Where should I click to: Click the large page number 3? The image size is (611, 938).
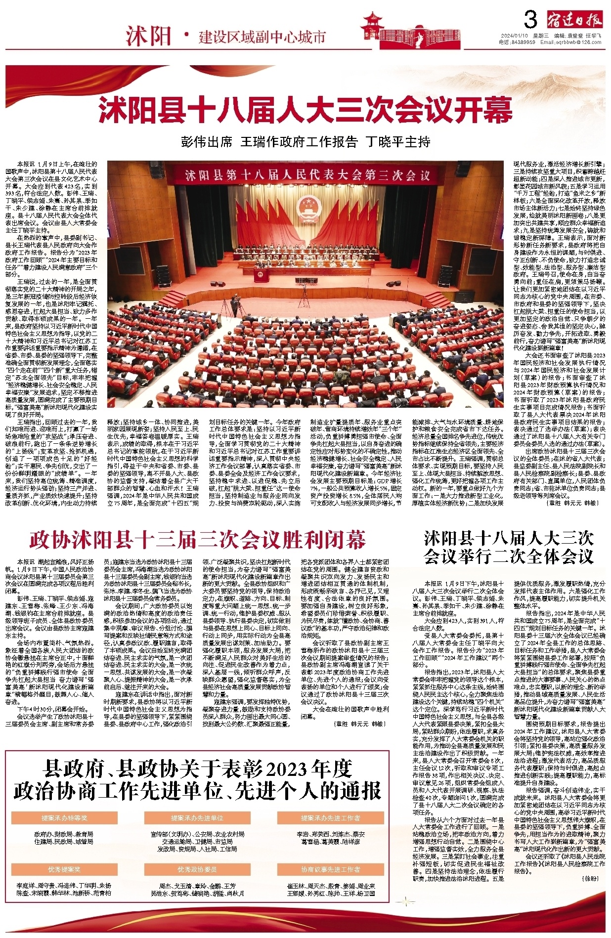point(530,20)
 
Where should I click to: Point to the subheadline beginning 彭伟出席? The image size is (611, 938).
point(305,142)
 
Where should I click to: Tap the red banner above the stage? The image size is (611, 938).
point(307,175)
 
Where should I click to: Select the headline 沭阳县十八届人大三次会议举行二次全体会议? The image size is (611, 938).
point(509,548)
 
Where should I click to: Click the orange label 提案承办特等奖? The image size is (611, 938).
point(64,818)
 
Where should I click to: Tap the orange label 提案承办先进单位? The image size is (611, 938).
point(197,818)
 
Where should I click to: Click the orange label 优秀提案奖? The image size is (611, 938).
point(64,869)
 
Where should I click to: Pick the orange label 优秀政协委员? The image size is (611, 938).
point(197,869)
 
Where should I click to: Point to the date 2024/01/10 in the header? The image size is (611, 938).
point(515,36)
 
